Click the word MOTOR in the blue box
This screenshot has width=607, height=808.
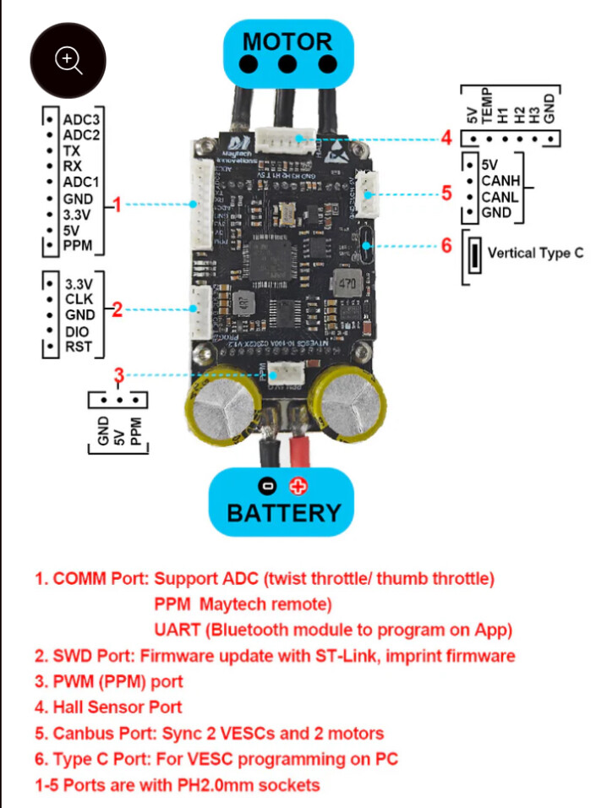tap(287, 41)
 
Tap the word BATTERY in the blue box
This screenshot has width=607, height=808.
tap(284, 512)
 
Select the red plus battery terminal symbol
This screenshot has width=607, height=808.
tap(298, 486)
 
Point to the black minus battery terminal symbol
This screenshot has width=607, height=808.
tap(267, 486)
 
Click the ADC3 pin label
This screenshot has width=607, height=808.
tap(82, 119)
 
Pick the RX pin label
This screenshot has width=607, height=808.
tap(73, 166)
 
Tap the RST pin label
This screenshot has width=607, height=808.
tap(78, 346)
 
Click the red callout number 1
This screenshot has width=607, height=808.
tap(118, 204)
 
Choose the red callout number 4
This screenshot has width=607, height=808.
tap(446, 138)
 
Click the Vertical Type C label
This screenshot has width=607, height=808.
tap(535, 253)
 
